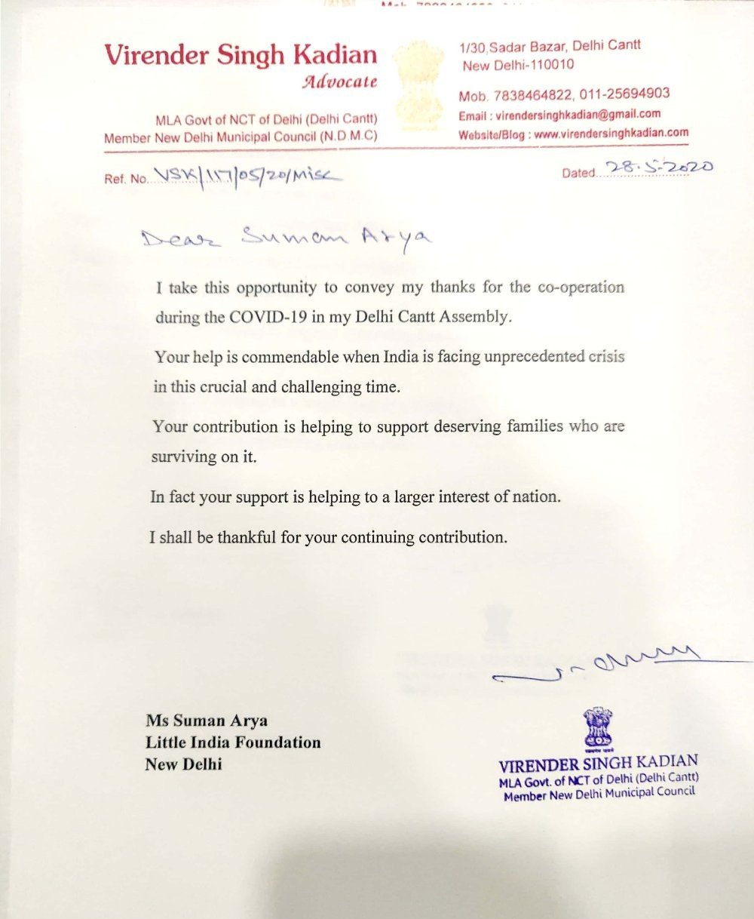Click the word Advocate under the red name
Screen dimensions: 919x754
339,81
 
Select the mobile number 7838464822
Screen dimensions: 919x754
533,95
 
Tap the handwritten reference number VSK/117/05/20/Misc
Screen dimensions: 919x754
247,177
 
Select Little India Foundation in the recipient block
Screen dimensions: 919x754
233,742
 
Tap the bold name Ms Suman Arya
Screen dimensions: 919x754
207,721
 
